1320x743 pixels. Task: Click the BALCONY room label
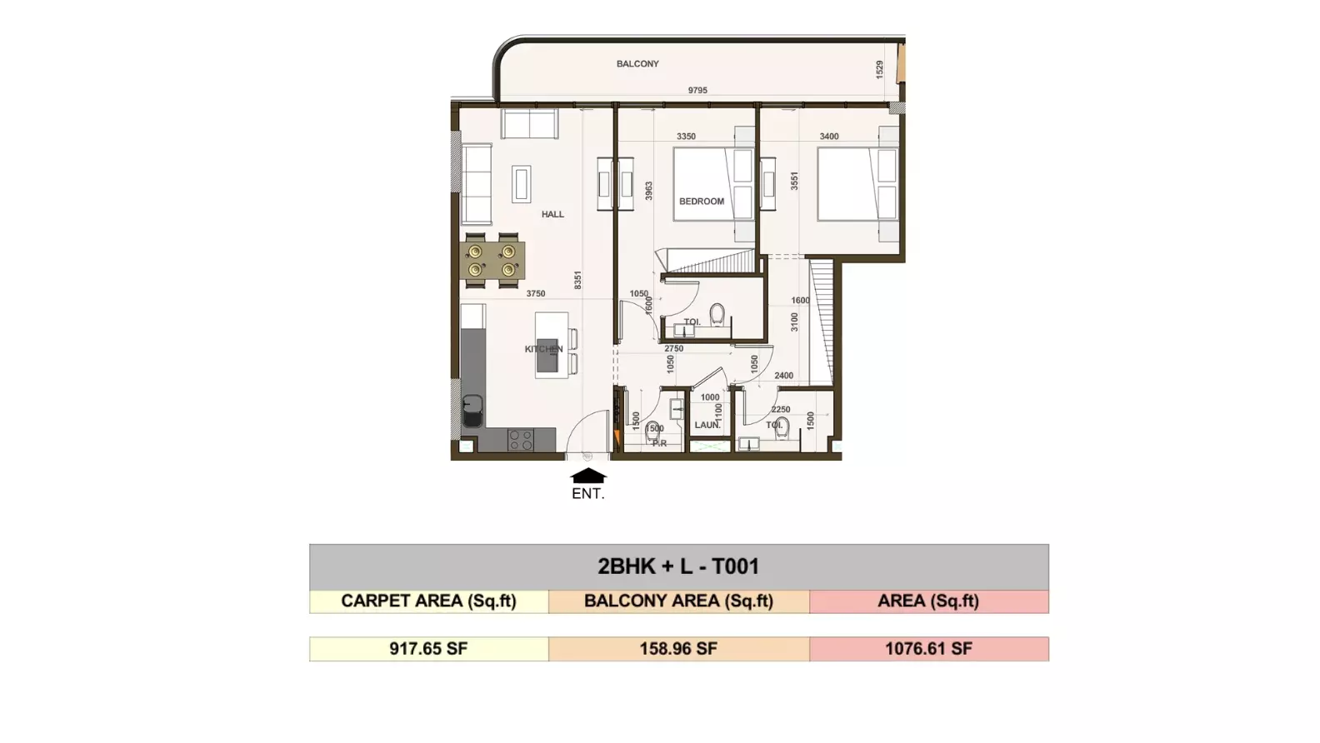[637, 63]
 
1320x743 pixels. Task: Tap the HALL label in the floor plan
[552, 214]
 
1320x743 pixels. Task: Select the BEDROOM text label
[702, 202]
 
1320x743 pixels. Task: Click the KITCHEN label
[543, 349]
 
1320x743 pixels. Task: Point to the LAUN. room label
[707, 425]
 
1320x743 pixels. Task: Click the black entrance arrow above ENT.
[588, 476]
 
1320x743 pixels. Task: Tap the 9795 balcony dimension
[697, 90]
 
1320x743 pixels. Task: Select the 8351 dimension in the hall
[578, 280]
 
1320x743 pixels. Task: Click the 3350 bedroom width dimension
[686, 136]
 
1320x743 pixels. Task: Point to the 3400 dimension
[829, 136]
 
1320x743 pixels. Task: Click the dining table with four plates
[492, 261]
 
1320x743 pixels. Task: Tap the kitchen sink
[472, 410]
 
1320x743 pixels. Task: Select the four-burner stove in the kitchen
[521, 440]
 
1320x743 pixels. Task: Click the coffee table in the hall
[522, 184]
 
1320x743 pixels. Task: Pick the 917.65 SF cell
[428, 649]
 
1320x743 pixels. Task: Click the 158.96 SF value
[679, 649]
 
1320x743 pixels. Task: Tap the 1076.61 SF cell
[928, 649]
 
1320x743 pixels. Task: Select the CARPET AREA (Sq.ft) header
[428, 601]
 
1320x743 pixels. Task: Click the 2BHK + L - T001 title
[678, 566]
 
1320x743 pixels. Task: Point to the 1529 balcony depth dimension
[880, 69]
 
